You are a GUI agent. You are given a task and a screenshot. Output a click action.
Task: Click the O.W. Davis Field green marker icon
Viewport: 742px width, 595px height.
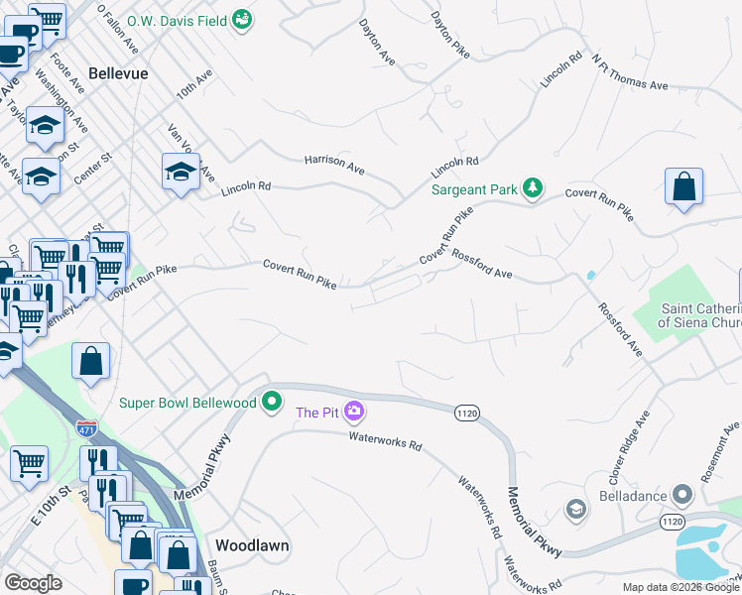tap(241, 18)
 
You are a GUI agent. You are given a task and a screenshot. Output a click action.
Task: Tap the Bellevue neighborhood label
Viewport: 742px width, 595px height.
tap(118, 73)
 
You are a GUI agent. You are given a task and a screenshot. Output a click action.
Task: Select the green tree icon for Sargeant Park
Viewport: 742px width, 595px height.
tap(533, 187)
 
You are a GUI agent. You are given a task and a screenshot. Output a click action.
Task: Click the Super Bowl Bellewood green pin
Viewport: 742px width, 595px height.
tap(272, 403)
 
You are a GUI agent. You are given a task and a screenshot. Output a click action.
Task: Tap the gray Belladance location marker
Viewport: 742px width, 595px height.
tap(680, 493)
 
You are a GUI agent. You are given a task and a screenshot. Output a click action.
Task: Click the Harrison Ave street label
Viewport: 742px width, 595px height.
tap(334, 164)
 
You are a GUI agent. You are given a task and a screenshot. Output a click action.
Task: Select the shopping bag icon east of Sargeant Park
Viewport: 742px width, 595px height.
tap(683, 186)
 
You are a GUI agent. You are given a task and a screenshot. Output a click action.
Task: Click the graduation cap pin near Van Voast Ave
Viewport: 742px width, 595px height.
tap(181, 172)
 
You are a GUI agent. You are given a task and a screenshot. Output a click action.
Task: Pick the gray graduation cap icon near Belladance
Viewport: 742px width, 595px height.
tap(574, 510)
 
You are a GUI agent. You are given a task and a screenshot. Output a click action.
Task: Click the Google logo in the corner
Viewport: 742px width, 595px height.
tap(33, 583)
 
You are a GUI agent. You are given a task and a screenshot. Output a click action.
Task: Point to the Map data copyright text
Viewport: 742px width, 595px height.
tap(680, 587)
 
